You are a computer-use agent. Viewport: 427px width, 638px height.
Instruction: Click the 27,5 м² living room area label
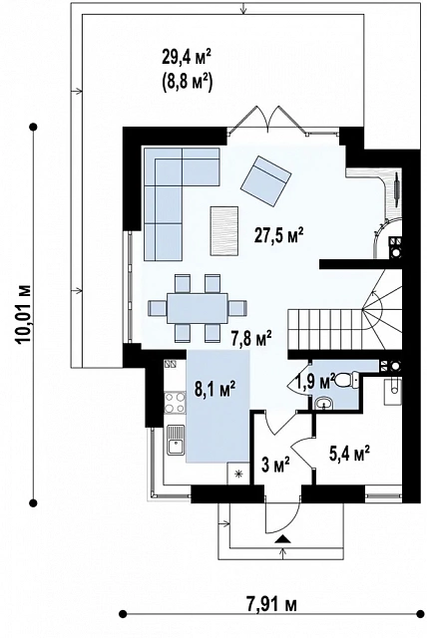278,236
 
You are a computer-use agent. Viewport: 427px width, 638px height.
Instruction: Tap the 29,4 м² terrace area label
187,58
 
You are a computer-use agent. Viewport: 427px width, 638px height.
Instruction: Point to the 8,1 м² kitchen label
215,390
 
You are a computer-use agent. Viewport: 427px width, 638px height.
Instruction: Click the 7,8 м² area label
251,339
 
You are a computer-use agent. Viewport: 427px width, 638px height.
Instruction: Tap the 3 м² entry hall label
275,465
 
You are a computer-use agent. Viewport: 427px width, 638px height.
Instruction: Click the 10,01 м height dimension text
23,315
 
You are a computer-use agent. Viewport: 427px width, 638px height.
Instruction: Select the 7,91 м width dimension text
272,604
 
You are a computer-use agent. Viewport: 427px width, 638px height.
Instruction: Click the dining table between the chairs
198,308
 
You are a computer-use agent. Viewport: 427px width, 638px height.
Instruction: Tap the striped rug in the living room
224,231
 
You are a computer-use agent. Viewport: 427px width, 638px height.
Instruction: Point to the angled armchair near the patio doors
265,181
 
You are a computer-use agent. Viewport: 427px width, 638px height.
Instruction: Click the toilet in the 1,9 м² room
345,380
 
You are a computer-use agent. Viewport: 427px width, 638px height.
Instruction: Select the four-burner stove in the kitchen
175,402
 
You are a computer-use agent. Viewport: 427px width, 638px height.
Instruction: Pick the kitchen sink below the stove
176,440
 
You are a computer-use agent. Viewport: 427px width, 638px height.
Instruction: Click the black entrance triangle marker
283,539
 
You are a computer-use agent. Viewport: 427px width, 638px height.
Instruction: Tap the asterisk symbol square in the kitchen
238,474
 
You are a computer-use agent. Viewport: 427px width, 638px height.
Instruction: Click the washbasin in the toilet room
324,403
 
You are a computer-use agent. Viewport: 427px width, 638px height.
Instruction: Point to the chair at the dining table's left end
157,308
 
